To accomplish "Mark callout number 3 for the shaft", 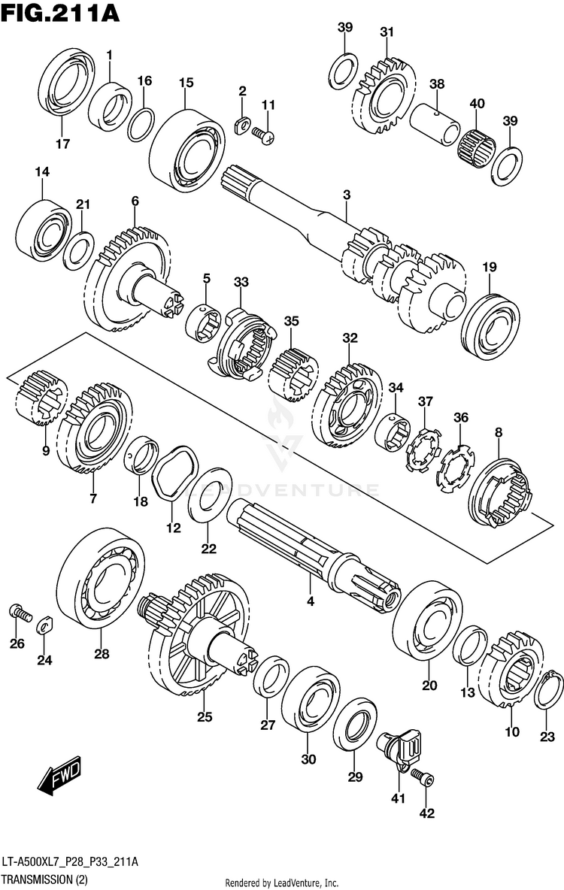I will point(346,195).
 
